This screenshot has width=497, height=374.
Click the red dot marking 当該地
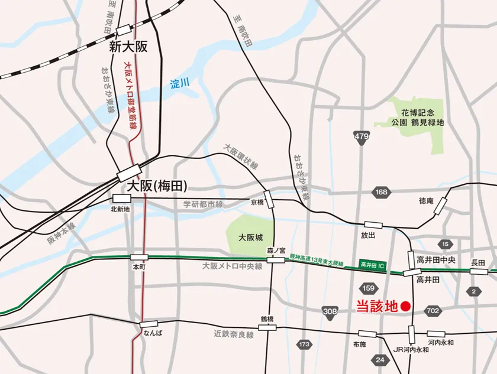(405, 306)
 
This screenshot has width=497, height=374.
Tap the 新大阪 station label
(128, 47)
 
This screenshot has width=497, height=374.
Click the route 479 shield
(361, 137)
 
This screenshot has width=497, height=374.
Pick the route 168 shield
(381, 192)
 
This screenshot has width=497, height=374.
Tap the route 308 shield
(330, 311)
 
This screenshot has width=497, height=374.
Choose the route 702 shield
(433, 311)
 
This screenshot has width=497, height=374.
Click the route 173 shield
(305, 344)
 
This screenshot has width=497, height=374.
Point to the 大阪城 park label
(250, 238)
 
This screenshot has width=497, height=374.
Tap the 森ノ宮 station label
(276, 250)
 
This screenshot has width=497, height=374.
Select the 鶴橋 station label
(267, 319)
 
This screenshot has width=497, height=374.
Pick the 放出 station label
(367, 235)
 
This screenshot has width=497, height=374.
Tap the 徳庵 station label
(426, 201)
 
